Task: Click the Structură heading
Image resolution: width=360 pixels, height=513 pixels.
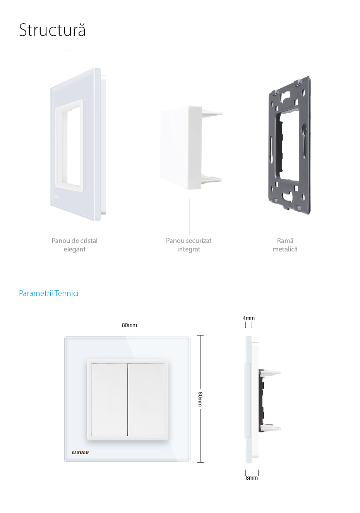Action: click(x=52, y=30)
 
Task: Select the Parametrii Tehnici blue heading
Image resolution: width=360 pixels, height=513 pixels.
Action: click(x=49, y=293)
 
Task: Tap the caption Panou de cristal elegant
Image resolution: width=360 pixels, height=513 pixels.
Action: click(x=75, y=245)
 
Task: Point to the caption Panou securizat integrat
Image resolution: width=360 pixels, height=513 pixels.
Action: click(x=189, y=245)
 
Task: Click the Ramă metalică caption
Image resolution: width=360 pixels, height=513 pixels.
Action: click(x=285, y=245)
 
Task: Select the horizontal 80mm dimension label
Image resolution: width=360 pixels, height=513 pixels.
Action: click(x=129, y=325)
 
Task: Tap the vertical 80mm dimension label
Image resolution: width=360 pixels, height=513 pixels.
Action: click(x=200, y=399)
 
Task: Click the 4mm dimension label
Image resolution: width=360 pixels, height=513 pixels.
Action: click(x=249, y=318)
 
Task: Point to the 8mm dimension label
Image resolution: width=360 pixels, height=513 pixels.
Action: click(x=252, y=478)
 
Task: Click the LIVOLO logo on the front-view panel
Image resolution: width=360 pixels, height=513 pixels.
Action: click(x=81, y=452)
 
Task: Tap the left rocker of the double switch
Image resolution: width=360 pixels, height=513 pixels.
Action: click(x=109, y=399)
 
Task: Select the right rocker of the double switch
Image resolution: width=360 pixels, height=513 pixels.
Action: click(x=146, y=399)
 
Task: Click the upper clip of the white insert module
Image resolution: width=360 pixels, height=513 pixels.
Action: click(x=212, y=113)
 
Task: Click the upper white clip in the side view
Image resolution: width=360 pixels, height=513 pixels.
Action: click(x=272, y=373)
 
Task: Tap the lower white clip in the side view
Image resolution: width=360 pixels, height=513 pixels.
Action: click(x=271, y=427)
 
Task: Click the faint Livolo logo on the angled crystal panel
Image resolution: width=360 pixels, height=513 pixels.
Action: click(x=57, y=196)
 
